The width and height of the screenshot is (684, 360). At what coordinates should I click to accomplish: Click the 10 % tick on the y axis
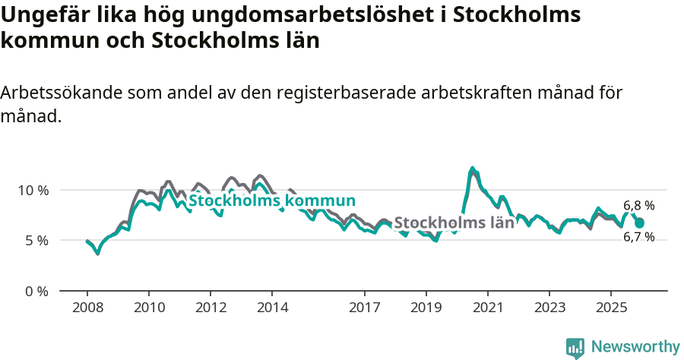pyautogui.click(x=33, y=190)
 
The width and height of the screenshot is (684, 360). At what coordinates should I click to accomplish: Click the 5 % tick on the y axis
pyautogui.click(x=36, y=241)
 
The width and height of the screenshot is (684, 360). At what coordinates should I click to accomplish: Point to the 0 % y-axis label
pyautogui.click(x=36, y=291)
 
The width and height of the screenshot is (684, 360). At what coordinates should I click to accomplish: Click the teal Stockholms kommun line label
pyautogui.click(x=272, y=201)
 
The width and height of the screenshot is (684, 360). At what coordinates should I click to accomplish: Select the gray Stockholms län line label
pyautogui.click(x=454, y=223)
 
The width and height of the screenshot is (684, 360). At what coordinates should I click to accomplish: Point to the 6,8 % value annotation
pyautogui.click(x=638, y=206)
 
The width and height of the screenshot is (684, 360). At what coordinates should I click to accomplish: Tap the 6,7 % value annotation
pyautogui.click(x=638, y=237)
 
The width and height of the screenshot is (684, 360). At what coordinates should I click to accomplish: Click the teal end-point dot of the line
pyautogui.click(x=639, y=223)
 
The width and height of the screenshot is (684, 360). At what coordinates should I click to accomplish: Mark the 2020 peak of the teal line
pyautogui.click(x=473, y=168)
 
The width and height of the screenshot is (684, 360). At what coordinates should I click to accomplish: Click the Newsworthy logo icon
pyautogui.click(x=575, y=347)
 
